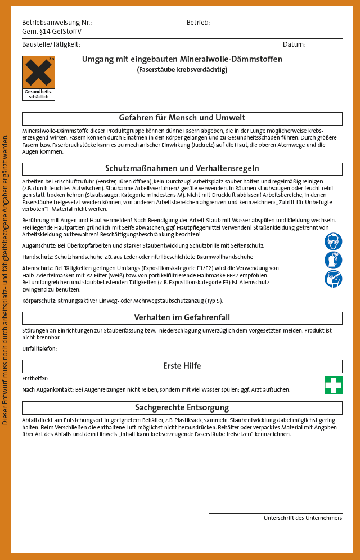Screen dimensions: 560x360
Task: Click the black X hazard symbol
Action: pyautogui.click(x=38, y=73)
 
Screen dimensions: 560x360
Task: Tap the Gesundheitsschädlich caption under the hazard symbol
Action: pyautogui.click(x=38, y=94)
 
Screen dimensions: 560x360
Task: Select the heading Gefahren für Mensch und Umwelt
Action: pyautogui.click(x=182, y=118)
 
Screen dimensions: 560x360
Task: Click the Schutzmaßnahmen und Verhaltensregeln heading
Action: pyautogui.click(x=182, y=169)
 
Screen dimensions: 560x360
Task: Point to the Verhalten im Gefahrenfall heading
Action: pyautogui.click(x=182, y=318)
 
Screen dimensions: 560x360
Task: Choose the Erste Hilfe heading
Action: pyautogui.click(x=182, y=366)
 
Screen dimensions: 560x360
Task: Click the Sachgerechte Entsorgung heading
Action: pyautogui.click(x=182, y=407)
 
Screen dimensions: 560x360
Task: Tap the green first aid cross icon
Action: pyautogui.click(x=333, y=385)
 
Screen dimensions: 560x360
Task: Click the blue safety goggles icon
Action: pyautogui.click(x=333, y=241)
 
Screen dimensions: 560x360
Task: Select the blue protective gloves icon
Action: pyautogui.click(x=333, y=260)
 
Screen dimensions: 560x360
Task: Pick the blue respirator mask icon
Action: pyautogui.click(x=333, y=279)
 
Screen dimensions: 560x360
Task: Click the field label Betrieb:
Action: pyautogui.click(x=198, y=23)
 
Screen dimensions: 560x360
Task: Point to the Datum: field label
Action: pyautogui.click(x=294, y=44)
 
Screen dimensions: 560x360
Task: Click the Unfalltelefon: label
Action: pyautogui.click(x=39, y=349)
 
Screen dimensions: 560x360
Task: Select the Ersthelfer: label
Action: pyautogui.click(x=35, y=379)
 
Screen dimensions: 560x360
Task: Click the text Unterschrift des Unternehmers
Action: pyautogui.click(x=303, y=518)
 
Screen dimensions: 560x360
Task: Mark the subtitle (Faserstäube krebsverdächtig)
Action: pyautogui.click(x=182, y=70)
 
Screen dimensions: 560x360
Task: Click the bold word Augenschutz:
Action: pyautogui.click(x=39, y=246)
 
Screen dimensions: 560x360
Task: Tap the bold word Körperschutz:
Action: pyautogui.click(x=40, y=301)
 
